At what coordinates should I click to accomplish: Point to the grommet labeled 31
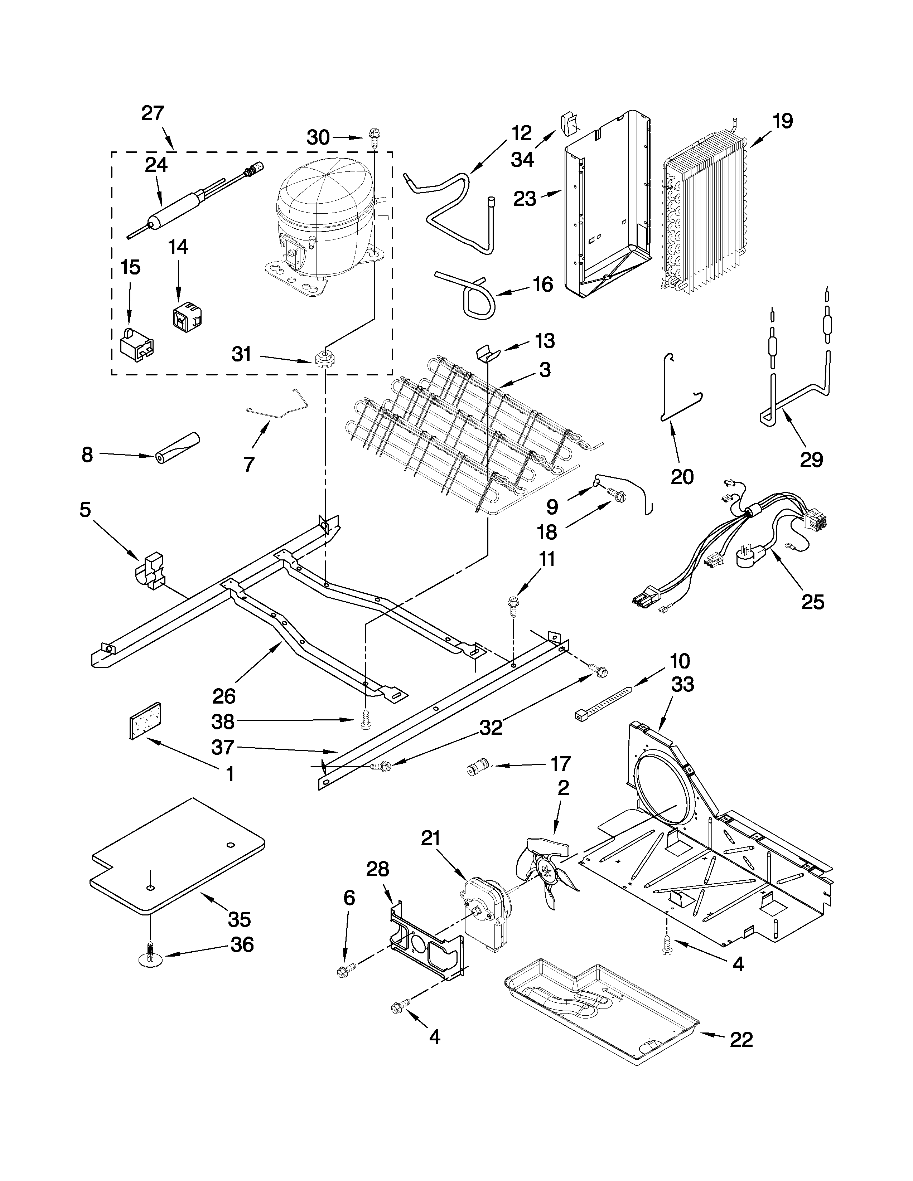point(323,358)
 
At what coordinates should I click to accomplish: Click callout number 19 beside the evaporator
point(782,121)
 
